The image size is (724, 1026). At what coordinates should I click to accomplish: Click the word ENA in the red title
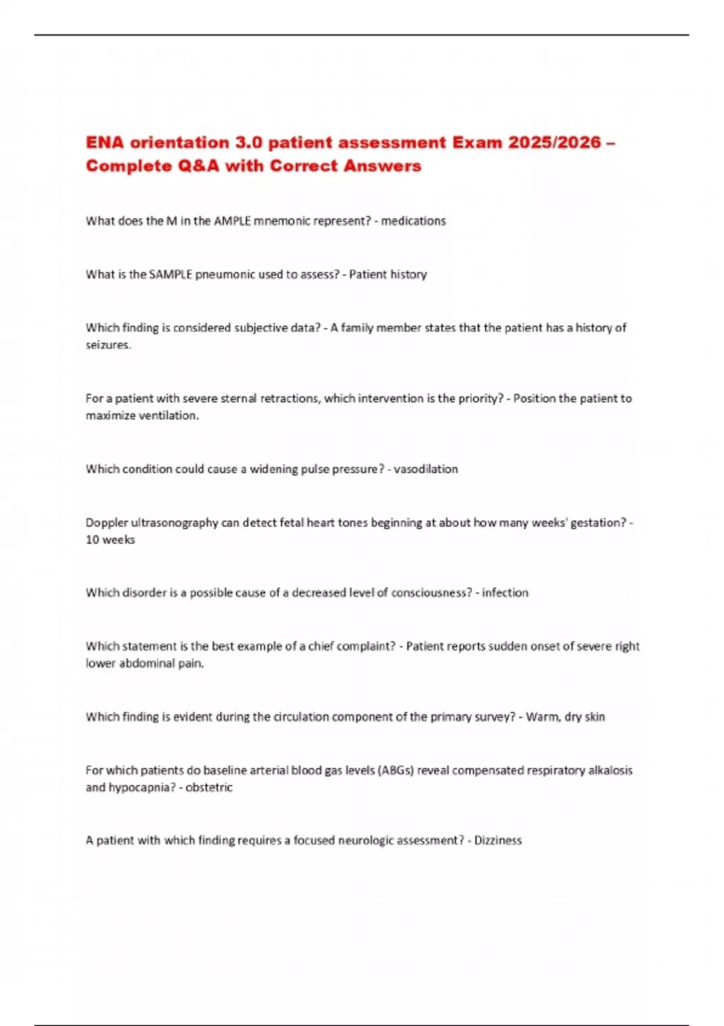[x=104, y=142]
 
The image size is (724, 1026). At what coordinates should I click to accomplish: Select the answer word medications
[x=413, y=221]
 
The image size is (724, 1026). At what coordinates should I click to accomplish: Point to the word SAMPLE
[x=170, y=275]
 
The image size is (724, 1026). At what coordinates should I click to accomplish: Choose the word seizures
[x=108, y=345]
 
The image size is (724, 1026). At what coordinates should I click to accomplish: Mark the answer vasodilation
[x=426, y=469]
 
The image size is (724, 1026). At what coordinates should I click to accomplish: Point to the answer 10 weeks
[x=110, y=540]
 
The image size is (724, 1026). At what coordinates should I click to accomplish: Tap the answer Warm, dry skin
[x=565, y=717]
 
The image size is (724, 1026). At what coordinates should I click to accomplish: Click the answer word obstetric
[x=209, y=788]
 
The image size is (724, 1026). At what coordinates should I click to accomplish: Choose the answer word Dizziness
[x=498, y=840]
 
